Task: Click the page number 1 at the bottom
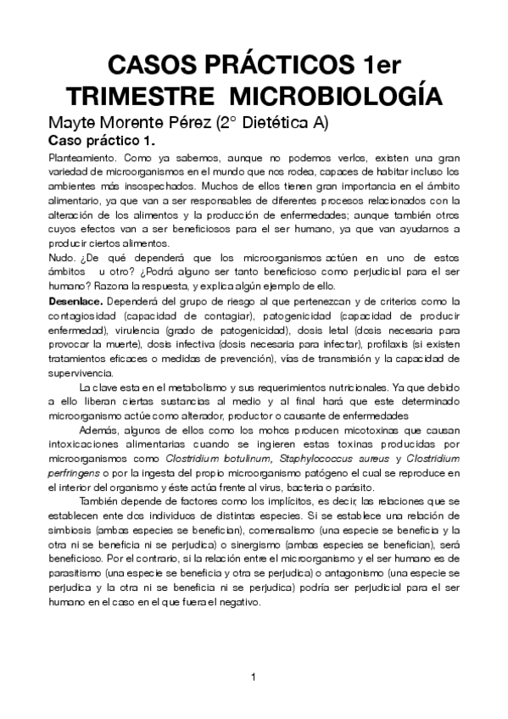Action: [254, 677]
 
